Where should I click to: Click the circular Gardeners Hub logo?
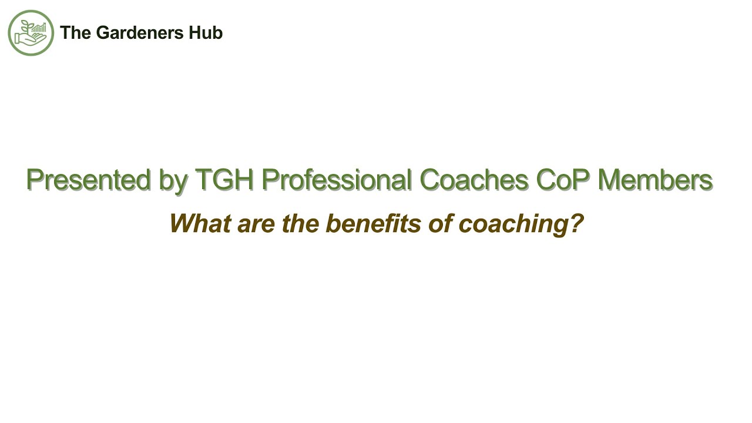pos(31,33)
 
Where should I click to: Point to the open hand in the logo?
pos(29,39)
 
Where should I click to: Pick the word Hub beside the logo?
pos(206,33)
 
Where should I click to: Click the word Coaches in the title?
pos(474,180)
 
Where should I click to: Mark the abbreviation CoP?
pos(563,180)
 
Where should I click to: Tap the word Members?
pos(654,180)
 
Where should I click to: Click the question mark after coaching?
pos(576,223)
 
